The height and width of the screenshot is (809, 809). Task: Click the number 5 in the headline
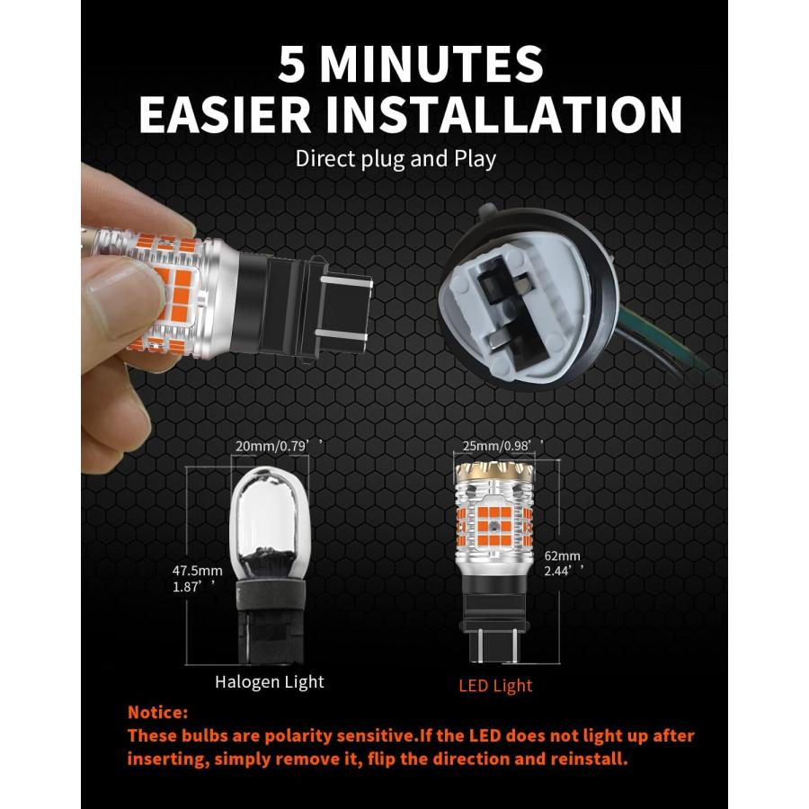(x=291, y=64)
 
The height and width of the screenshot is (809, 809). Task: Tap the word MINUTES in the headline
(x=431, y=64)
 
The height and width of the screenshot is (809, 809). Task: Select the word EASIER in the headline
(x=225, y=114)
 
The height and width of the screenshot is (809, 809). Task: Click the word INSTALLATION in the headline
(x=504, y=114)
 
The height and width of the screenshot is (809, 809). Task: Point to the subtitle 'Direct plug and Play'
(x=396, y=159)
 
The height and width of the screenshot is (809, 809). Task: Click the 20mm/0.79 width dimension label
(x=279, y=446)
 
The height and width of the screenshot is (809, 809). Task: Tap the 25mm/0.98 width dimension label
(x=502, y=445)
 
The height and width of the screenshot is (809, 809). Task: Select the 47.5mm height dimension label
(x=198, y=571)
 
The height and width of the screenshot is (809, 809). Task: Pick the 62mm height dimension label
(x=563, y=556)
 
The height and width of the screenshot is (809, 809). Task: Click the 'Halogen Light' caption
(x=270, y=682)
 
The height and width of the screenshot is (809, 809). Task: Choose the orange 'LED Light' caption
(x=495, y=686)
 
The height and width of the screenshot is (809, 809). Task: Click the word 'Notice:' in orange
(x=158, y=713)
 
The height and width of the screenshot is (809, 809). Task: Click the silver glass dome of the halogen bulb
(x=267, y=521)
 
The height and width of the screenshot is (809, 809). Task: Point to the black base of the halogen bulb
(x=269, y=621)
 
